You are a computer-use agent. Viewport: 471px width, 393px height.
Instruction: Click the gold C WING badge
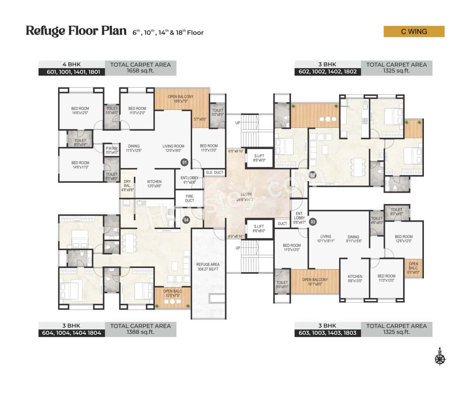(x=414, y=32)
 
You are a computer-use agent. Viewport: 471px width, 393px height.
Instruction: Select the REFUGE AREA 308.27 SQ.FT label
(x=208, y=267)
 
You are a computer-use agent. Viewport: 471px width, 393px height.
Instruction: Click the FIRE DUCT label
(x=190, y=199)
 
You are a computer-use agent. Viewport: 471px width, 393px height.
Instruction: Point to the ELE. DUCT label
(x=215, y=172)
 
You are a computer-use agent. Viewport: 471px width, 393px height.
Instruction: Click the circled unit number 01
(x=184, y=162)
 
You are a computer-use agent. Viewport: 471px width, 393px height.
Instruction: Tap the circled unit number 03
(x=313, y=222)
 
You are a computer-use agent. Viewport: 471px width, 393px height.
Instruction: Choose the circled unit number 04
(x=186, y=220)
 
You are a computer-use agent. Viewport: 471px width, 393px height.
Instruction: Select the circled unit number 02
(x=312, y=175)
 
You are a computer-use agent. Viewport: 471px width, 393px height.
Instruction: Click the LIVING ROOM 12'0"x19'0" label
(x=173, y=148)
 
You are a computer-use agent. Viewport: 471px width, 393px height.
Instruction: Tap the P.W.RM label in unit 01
(x=111, y=150)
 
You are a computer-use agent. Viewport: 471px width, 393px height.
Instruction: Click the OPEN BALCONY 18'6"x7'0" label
(x=181, y=99)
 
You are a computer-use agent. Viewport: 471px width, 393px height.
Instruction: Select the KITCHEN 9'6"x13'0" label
(x=355, y=278)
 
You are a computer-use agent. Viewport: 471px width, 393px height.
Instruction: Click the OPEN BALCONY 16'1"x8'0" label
(x=315, y=282)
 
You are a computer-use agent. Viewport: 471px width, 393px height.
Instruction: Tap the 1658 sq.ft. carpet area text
(x=140, y=71)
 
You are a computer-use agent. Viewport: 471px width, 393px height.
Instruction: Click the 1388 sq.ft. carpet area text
(x=140, y=332)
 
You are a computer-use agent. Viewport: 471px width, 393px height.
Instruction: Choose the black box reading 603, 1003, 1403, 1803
(x=327, y=333)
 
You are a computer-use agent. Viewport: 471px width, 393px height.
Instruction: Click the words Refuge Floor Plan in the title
(x=76, y=31)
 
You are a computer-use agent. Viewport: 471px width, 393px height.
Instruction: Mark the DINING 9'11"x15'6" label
(x=353, y=239)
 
